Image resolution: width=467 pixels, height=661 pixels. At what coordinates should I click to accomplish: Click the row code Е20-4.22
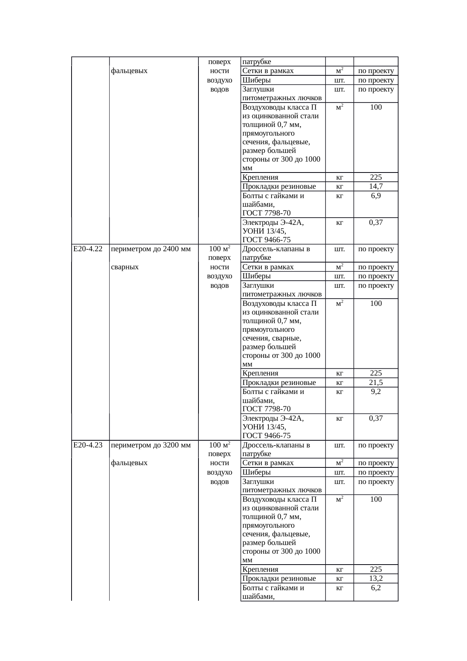pyautogui.click(x=88, y=249)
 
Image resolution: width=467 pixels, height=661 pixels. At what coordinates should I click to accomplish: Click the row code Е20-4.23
pyautogui.click(x=88, y=445)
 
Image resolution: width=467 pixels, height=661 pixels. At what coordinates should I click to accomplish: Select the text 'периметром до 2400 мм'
pyautogui.click(x=151, y=249)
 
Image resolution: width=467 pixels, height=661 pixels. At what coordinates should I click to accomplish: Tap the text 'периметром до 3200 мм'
pyautogui.click(x=151, y=445)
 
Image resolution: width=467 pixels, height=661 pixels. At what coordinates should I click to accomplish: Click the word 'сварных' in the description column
pyautogui.click(x=125, y=267)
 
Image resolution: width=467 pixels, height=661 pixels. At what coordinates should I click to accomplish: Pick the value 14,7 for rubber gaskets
pyautogui.click(x=376, y=186)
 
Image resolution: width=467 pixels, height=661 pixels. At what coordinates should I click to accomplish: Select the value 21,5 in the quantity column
pyautogui.click(x=376, y=383)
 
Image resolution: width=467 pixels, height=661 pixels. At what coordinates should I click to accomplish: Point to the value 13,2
pyautogui.click(x=376, y=579)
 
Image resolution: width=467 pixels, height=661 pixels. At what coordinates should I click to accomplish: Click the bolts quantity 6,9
pyautogui.click(x=376, y=196)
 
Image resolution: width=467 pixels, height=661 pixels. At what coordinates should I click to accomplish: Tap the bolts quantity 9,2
pyautogui.click(x=376, y=392)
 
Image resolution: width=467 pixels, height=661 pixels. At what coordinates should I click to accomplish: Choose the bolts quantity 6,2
pyautogui.click(x=376, y=588)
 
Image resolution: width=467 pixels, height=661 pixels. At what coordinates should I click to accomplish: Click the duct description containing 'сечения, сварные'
pyautogui.click(x=281, y=334)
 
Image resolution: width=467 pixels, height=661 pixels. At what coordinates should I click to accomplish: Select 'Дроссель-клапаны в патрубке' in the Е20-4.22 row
pyautogui.click(x=276, y=253)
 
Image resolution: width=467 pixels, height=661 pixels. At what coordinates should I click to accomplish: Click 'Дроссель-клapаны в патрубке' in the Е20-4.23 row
pyautogui.click(x=276, y=449)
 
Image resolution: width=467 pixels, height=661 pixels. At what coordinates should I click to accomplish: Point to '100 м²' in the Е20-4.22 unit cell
pyautogui.click(x=220, y=249)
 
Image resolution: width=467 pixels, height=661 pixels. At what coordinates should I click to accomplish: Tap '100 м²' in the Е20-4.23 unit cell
pyautogui.click(x=220, y=445)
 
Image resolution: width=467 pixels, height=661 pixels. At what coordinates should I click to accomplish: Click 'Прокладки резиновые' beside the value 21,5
pyautogui.click(x=279, y=383)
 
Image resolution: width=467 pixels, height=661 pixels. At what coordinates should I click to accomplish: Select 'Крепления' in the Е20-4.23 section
pyautogui.click(x=260, y=569)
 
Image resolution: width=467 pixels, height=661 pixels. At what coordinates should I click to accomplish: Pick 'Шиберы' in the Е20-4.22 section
pyautogui.click(x=256, y=276)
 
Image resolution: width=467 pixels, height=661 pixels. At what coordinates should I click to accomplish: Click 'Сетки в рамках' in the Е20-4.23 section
pyautogui.click(x=268, y=463)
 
